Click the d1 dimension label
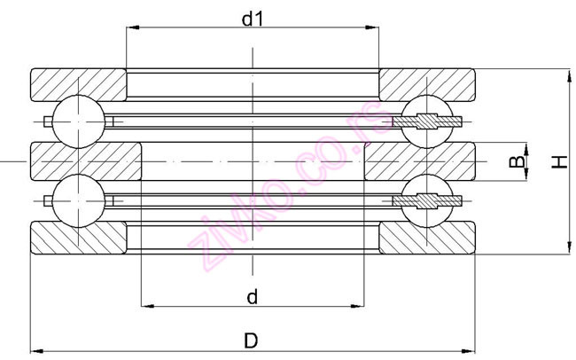click(253, 18)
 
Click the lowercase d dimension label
click(253, 298)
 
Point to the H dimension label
click(558, 161)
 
